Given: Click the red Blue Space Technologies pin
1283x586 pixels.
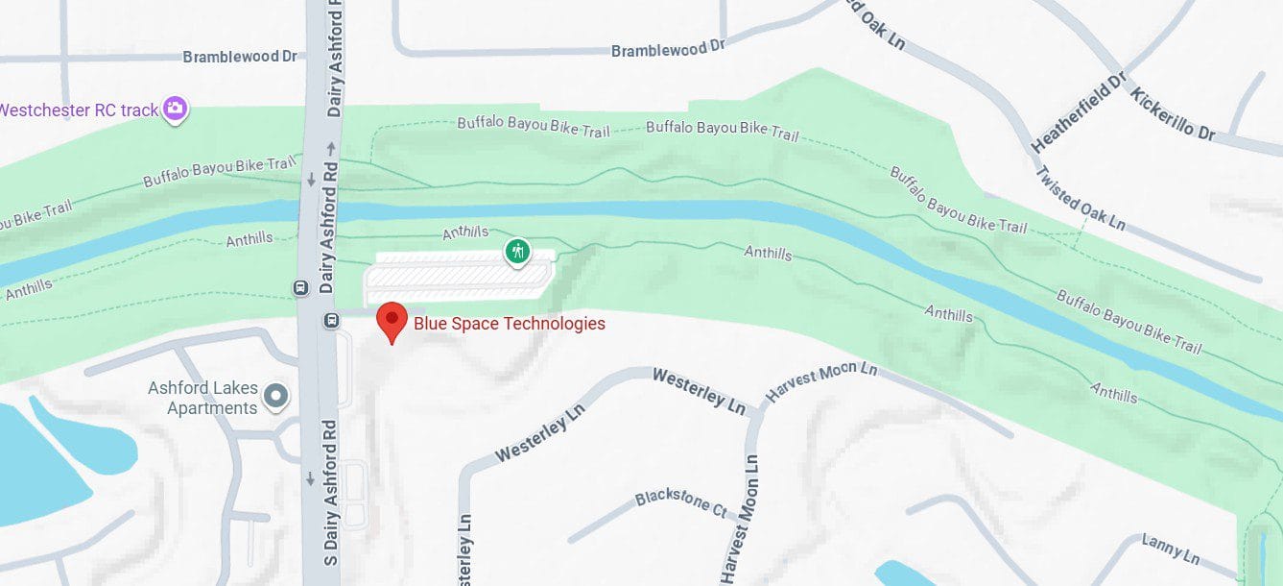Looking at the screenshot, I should pyautogui.click(x=392, y=320).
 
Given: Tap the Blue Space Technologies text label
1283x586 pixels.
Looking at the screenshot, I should pyautogui.click(x=510, y=324).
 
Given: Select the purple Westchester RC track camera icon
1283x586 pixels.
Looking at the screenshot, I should pyautogui.click(x=175, y=109).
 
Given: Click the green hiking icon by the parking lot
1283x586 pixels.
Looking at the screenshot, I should pyautogui.click(x=518, y=253).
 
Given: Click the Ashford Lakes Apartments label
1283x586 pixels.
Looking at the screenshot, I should pyautogui.click(x=202, y=398).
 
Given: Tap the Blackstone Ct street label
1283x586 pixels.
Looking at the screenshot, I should pyautogui.click(x=681, y=502).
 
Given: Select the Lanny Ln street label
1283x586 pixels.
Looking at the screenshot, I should pyautogui.click(x=1171, y=549).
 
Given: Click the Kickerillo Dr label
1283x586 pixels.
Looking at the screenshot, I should pyautogui.click(x=1173, y=113).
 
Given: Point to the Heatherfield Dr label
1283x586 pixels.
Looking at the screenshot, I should pyautogui.click(x=1078, y=112).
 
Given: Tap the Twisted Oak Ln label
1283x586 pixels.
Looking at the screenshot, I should pyautogui.click(x=1080, y=198).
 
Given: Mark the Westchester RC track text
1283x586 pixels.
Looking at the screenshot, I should pyautogui.click(x=79, y=110).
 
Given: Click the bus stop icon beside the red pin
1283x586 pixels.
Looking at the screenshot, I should pyautogui.click(x=331, y=320).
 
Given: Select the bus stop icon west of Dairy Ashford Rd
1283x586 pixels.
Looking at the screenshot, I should pyautogui.click(x=299, y=287).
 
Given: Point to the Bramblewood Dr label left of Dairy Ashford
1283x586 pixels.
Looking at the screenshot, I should pyautogui.click(x=240, y=57).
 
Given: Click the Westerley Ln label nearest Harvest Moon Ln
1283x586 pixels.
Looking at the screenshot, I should pyautogui.click(x=699, y=390).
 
